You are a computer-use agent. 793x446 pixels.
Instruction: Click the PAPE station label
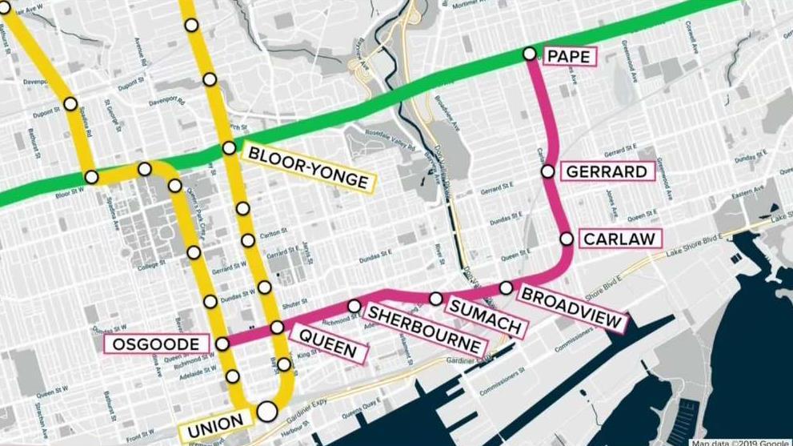[570, 56]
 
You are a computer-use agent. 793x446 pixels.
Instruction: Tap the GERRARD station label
[605, 172]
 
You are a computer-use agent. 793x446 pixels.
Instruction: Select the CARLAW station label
[619, 239]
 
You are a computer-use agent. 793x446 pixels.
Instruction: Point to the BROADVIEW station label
[571, 308]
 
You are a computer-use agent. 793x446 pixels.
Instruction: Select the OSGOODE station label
[156, 344]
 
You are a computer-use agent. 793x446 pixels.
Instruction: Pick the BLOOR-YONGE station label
[308, 167]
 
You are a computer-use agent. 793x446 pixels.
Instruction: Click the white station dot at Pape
[529, 54]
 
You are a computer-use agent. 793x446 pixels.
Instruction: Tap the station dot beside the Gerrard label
[547, 171]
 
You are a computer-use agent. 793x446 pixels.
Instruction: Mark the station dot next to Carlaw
[566, 239]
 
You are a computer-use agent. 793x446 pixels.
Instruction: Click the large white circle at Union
[266, 412]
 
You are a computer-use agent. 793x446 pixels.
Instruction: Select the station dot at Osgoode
[222, 344]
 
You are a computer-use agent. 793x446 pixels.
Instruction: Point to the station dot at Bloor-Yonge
[229, 147]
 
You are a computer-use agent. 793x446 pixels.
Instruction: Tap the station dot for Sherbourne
[354, 306]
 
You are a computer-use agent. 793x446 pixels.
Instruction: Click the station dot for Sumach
[435, 299]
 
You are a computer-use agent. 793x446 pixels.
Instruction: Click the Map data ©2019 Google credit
[741, 442]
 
